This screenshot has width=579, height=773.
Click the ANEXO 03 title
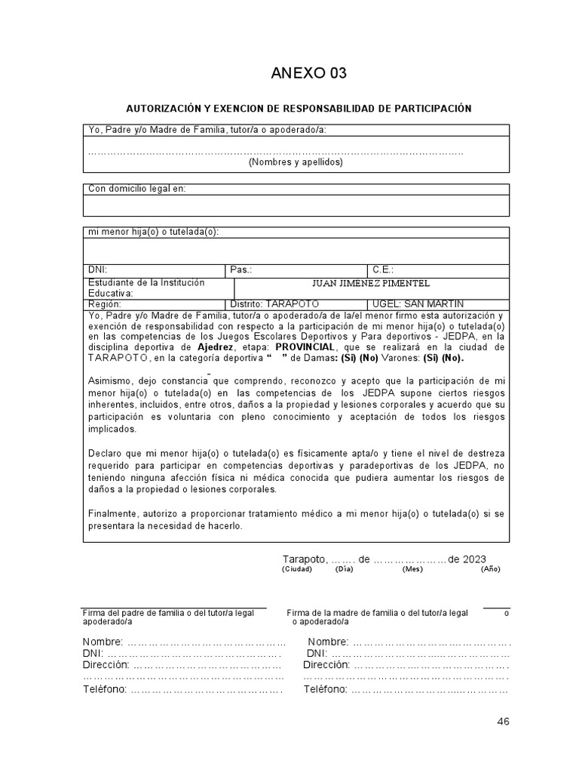[309, 73]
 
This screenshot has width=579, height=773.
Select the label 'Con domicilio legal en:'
[136, 189]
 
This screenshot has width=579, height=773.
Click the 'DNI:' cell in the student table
[98, 269]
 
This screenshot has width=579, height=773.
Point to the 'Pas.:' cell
[241, 269]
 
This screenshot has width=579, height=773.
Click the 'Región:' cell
[105, 303]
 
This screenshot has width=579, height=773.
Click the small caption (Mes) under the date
[412, 569]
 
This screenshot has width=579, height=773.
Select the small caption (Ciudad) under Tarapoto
[297, 569]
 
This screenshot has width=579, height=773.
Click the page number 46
[503, 722]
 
